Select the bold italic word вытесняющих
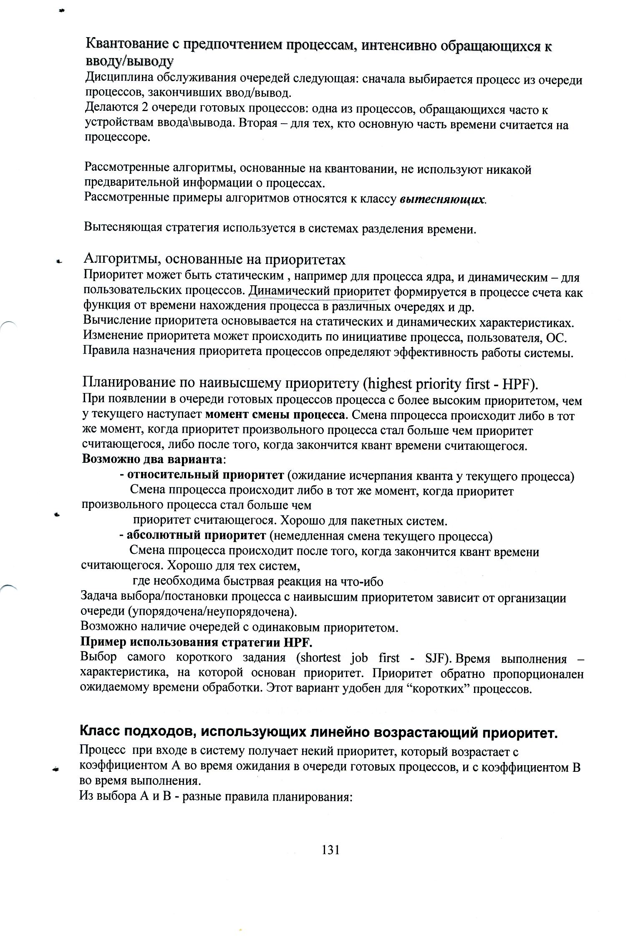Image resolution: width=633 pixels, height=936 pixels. (x=442, y=199)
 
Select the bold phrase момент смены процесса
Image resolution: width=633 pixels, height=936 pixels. (x=275, y=416)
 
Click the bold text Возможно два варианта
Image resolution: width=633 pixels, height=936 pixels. (x=152, y=459)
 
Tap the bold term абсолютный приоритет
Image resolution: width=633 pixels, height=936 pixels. (x=196, y=535)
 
